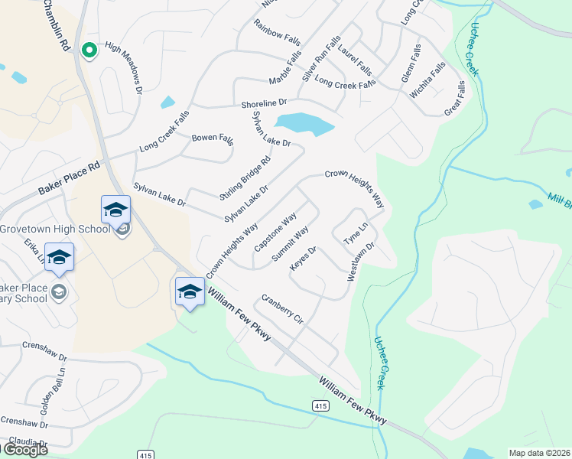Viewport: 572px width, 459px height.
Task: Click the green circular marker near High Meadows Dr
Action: [89, 50]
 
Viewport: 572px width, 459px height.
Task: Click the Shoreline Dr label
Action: [263, 103]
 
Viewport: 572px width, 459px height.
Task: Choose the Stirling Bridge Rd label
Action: [245, 177]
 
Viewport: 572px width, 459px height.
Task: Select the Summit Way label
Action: [291, 244]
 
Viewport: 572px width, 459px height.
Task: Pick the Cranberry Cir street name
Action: [282, 309]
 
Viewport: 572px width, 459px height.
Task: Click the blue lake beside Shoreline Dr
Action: [304, 124]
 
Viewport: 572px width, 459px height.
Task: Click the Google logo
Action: [24, 450]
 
